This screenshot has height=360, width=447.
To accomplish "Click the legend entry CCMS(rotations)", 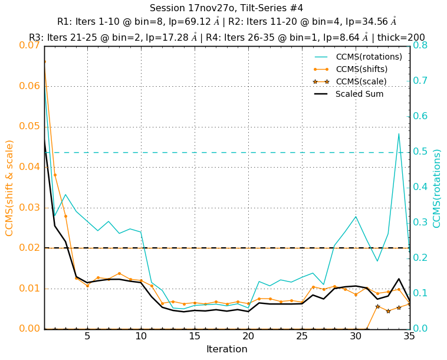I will tap(369, 57).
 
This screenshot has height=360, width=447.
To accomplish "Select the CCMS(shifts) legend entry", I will tap(361, 69).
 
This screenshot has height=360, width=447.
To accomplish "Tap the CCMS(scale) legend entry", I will tap(361, 81).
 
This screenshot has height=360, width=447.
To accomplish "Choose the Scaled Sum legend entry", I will tap(359, 94).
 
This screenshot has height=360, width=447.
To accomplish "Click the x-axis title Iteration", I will tap(227, 349).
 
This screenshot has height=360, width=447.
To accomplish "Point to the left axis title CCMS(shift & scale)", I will tap(10, 188).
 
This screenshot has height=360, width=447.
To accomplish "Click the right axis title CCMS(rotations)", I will tap(437, 188).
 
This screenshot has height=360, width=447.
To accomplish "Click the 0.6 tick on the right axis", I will tap(421, 116).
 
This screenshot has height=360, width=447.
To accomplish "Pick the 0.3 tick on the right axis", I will tap(421, 222).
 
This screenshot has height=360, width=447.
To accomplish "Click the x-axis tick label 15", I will tap(195, 336).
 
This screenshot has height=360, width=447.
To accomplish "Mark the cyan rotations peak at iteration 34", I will tap(399, 133).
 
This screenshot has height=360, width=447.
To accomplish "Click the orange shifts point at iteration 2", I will tap(55, 175).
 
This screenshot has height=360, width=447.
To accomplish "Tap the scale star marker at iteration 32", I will tap(377, 306).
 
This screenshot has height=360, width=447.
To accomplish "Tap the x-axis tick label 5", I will tap(87, 336).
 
